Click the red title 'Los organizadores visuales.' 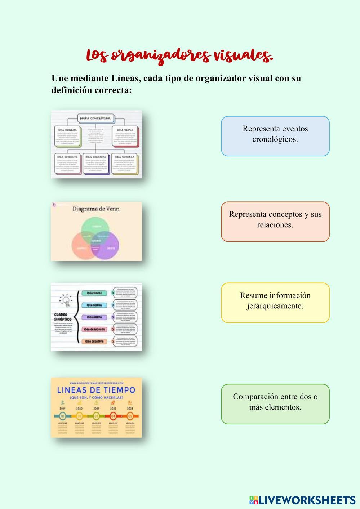(x=179, y=56)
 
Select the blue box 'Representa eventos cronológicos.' (x=275, y=136)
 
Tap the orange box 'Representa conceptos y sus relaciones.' (x=275, y=222)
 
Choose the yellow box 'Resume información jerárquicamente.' (x=275, y=303)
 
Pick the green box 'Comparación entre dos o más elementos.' (x=275, y=404)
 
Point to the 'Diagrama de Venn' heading (x=96, y=209)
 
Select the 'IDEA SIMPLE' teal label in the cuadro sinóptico (x=94, y=293)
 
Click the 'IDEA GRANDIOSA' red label (x=95, y=329)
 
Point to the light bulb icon (x=66, y=300)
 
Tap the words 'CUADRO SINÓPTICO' (x=63, y=317)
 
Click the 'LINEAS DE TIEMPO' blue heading (x=96, y=390)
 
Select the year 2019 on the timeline (x=62, y=409)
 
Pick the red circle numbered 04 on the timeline (x=113, y=416)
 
